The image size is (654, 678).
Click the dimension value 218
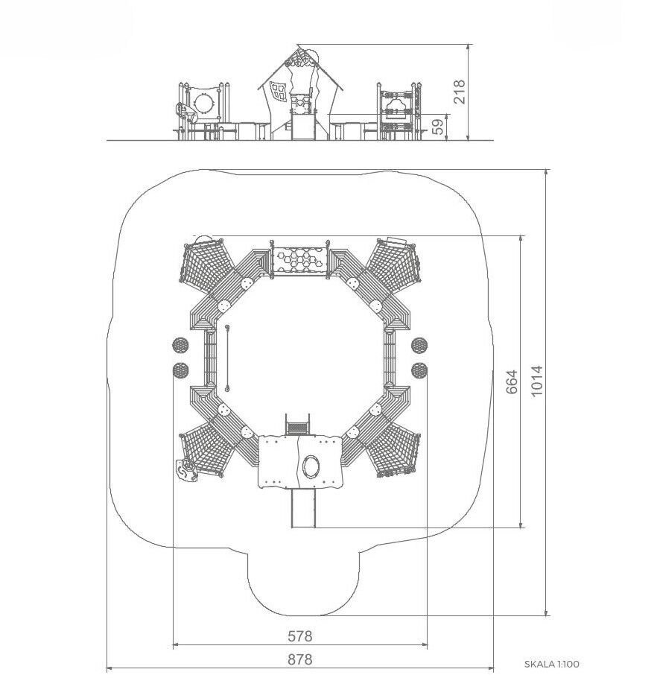click(459, 91)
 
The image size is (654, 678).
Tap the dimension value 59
click(439, 127)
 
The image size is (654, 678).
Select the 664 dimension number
click(511, 381)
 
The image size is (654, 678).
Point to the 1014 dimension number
click(536, 381)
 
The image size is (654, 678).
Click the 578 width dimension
click(300, 636)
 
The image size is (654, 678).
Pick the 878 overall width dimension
click(300, 659)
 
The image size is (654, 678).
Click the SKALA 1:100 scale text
click(551, 664)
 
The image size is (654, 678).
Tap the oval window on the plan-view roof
click(311, 466)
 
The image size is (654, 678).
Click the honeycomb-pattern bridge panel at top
click(300, 262)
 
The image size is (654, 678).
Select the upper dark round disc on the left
click(180, 345)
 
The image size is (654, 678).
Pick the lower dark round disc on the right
click(419, 370)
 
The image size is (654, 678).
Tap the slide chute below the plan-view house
click(303, 507)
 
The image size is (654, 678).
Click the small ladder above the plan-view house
click(297, 424)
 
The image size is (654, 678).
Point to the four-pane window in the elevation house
click(278, 91)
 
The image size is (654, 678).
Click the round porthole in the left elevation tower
click(203, 104)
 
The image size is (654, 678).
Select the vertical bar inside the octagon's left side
click(227, 358)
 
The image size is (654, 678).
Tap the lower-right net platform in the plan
click(394, 451)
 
